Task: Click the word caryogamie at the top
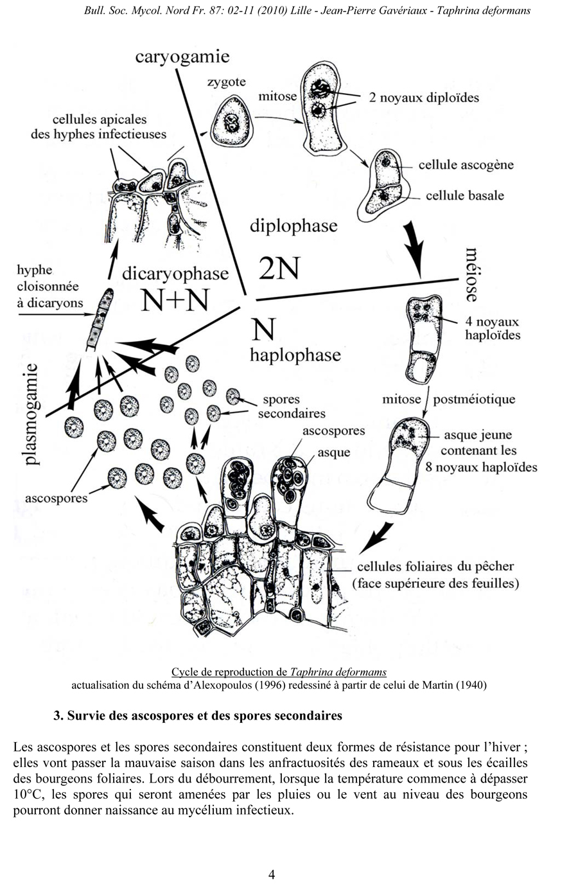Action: tap(182, 57)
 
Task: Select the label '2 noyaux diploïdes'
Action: tap(424, 98)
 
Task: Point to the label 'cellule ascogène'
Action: tap(466, 164)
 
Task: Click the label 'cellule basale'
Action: tap(464, 195)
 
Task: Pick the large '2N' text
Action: tap(279, 269)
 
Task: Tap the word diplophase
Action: tap(293, 226)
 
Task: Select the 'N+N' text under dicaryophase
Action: tap(175, 299)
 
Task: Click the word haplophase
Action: tap(295, 355)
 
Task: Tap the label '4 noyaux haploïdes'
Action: tap(493, 328)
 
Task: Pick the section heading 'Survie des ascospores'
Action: tap(198, 715)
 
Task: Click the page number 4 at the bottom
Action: tap(272, 874)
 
